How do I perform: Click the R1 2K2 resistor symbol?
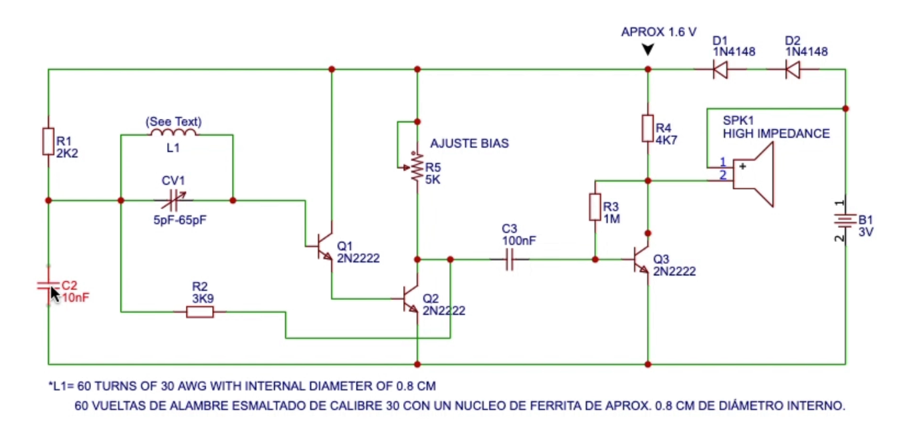(48, 142)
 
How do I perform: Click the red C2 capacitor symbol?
(48, 286)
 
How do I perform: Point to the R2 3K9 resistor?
(200, 311)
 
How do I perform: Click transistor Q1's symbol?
(324, 246)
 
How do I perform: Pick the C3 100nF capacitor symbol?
(510, 259)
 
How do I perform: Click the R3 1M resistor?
(595, 207)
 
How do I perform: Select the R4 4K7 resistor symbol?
(647, 128)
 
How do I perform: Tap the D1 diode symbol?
(720, 69)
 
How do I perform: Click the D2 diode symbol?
(793, 69)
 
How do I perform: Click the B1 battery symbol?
(845, 221)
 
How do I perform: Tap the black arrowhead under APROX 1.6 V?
(647, 50)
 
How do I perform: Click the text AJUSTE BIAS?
(469, 144)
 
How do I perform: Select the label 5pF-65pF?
(180, 219)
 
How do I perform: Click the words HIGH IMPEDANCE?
(776, 134)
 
